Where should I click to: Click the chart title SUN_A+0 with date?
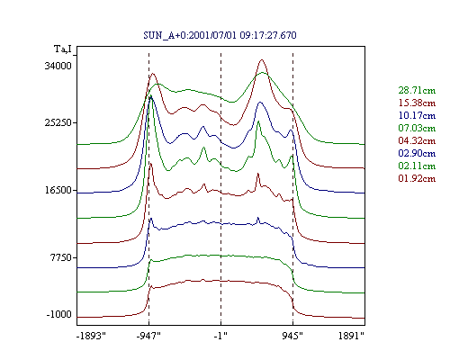220,35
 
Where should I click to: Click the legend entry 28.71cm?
417,90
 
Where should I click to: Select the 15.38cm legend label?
417,103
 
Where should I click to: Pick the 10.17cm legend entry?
417,115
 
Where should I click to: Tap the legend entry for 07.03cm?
417,128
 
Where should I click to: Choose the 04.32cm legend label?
417,140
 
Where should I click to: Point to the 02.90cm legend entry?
417,153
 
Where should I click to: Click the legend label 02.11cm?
417,166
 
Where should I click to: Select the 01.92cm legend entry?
417,178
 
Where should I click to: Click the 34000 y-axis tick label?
58,66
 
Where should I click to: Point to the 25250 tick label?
58,122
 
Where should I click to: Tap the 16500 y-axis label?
58,190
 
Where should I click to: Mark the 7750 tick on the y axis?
61,257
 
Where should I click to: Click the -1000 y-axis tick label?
59,315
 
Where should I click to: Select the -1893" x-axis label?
92,336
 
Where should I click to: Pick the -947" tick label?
148,336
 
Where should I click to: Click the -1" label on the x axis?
220,336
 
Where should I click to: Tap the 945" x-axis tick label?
292,336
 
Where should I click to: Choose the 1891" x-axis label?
351,336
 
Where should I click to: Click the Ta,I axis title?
63,49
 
